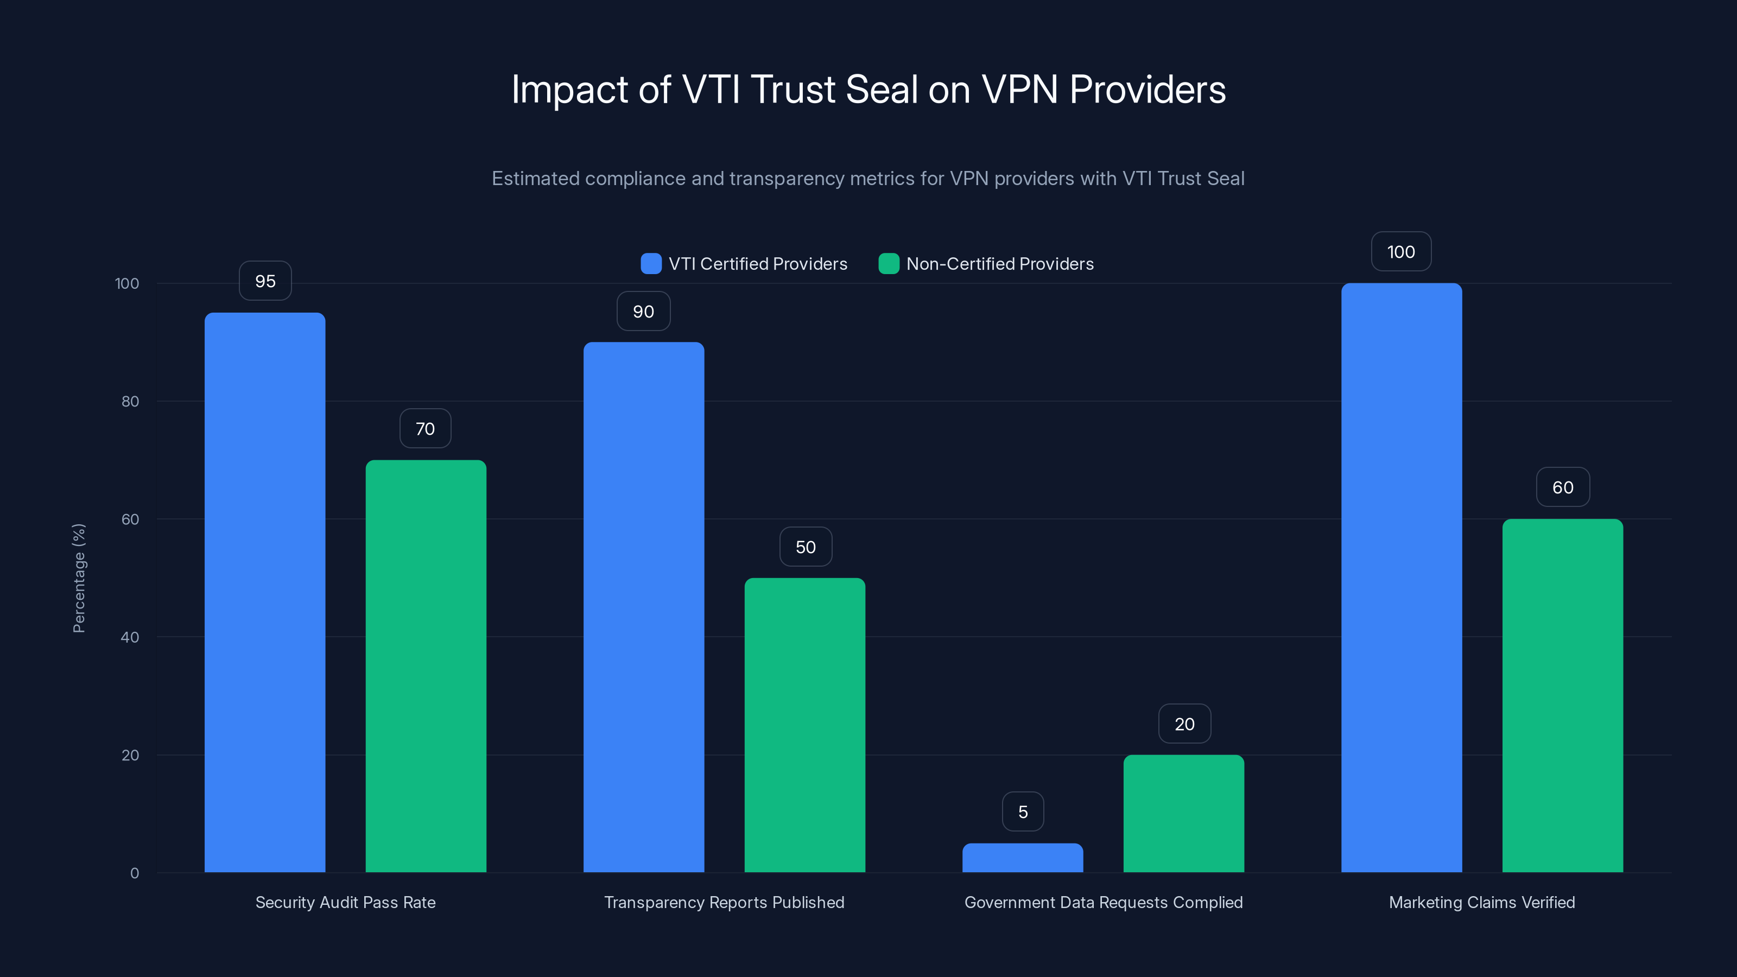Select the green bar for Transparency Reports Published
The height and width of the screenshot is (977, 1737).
(804, 725)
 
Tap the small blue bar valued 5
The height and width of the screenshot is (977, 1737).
(1022, 858)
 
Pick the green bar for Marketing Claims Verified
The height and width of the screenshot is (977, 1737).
(1562, 695)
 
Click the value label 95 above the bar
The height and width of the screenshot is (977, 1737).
(265, 281)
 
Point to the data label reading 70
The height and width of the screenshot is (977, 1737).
(425, 429)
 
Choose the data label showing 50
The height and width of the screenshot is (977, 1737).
(805, 547)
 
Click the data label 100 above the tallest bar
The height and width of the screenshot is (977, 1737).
(1400, 252)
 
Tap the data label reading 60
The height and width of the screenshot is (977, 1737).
(1562, 487)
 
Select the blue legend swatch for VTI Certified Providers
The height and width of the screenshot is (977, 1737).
(651, 264)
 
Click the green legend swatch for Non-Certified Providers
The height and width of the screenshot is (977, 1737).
(888, 264)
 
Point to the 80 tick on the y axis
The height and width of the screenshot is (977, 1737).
(130, 401)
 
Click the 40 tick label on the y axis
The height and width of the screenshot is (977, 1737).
(130, 637)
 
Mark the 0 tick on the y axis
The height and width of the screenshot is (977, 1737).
(134, 873)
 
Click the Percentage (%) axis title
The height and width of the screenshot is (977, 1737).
(79, 578)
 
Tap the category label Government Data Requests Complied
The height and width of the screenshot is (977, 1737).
(1103, 902)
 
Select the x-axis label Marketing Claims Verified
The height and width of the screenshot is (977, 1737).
(1481, 902)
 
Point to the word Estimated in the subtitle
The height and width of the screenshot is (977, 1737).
(535, 179)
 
